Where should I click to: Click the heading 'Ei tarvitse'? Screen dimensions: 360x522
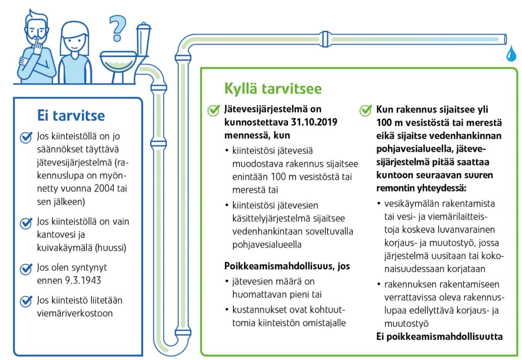pos(71,116)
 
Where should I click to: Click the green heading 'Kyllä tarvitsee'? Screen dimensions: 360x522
pos(272,89)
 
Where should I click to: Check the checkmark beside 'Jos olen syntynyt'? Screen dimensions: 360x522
pos(26,269)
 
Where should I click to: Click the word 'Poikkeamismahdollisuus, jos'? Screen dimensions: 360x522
pos(287,266)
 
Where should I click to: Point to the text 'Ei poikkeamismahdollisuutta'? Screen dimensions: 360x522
pos(440,337)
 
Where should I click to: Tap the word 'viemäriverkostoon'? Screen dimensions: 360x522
pos(75,313)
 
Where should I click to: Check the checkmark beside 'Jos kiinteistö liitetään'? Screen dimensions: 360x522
pos(26,301)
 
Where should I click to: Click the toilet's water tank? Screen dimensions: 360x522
pos(144,40)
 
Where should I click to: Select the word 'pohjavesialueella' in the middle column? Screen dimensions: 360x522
pos(265,244)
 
